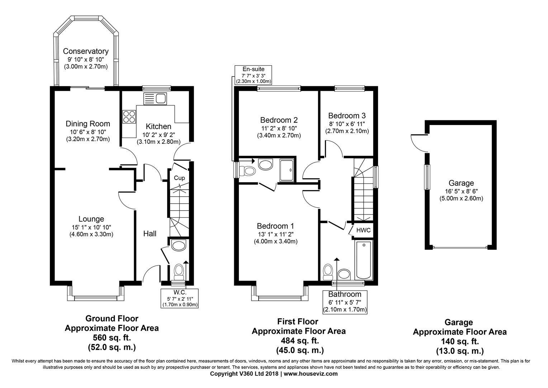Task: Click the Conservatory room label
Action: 86,51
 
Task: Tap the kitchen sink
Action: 155,99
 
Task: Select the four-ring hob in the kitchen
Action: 129,117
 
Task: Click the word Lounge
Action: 91,219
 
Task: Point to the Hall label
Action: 150,234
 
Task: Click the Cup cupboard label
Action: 179,178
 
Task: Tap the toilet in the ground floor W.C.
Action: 179,272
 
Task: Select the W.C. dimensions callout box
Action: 180,299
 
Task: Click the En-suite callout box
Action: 253,75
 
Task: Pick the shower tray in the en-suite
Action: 287,171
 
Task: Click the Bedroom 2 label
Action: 279,120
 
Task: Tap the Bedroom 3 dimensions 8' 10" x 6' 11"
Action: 347,124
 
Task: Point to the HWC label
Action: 363,230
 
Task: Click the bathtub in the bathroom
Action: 364,260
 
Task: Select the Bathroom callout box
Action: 345,302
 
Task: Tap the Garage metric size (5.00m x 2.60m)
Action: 462,198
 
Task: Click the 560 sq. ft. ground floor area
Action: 112,338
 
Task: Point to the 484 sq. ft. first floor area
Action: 300,341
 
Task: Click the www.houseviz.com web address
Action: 311,374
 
